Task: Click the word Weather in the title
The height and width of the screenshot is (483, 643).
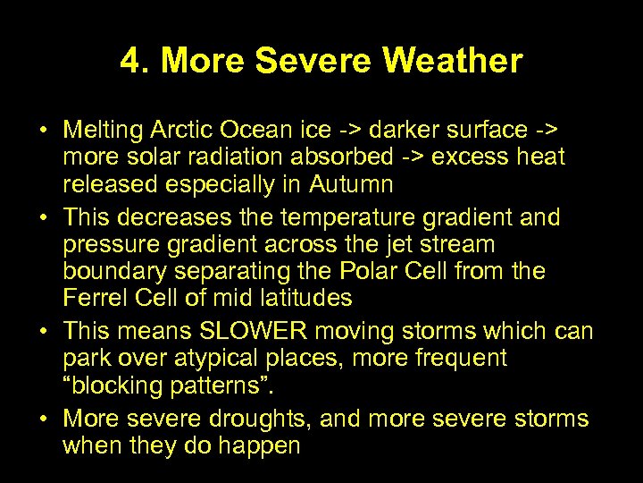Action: [452, 62]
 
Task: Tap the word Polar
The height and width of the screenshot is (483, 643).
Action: [345, 270]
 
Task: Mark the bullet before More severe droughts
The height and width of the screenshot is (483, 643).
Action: [43, 419]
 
